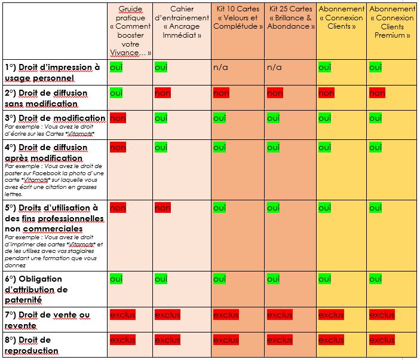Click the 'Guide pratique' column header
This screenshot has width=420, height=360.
pos(130,31)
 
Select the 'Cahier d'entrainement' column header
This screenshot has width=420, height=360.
pos(182,22)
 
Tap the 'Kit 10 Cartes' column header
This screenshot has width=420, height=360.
pos(237,18)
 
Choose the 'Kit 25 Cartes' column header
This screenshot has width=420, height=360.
pos(290,18)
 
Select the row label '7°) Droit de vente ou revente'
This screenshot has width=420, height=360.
pos(47,320)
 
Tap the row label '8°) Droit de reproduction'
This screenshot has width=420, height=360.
pos(36,345)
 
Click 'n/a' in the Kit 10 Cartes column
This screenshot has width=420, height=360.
pos(220,68)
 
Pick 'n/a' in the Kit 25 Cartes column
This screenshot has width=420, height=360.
pos(274,68)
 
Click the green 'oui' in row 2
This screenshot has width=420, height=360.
pos(116,93)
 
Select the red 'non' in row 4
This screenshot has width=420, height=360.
pos(118,147)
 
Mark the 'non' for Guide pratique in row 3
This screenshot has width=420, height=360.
pos(118,118)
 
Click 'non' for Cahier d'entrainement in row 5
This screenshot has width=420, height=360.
pos(163,208)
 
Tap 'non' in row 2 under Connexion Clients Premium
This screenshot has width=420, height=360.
pos(377,93)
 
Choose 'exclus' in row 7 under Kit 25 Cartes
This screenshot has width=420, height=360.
pos(280,315)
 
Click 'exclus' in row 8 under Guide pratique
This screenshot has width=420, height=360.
pos(122,340)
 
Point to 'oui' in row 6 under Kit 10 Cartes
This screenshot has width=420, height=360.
pos(220,279)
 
